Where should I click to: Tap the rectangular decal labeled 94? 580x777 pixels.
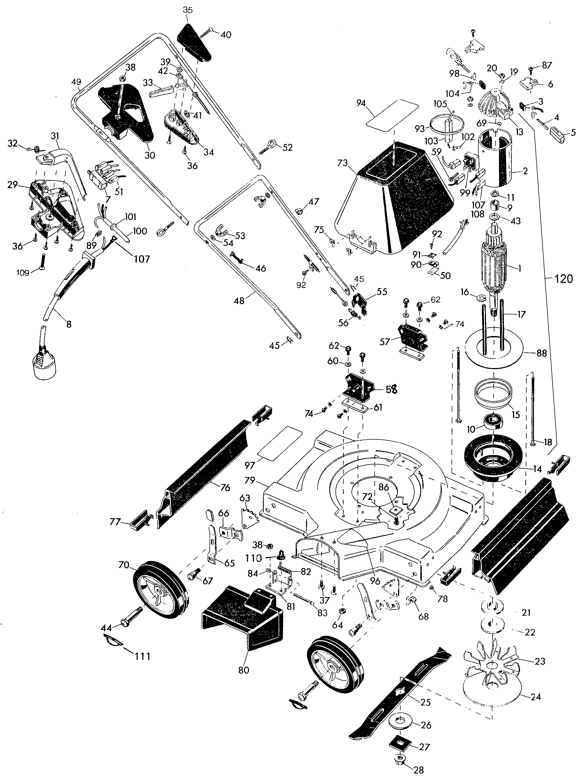[x=392, y=113]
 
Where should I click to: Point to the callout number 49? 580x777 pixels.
[x=76, y=82]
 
